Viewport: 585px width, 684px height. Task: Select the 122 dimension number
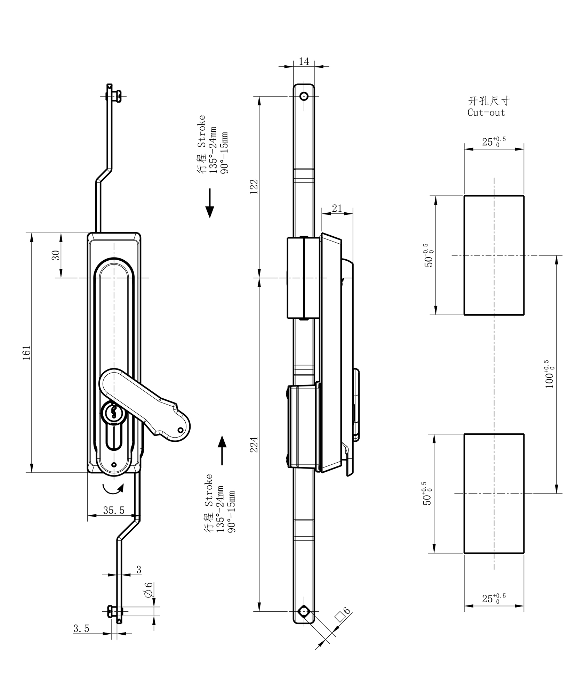pos(254,187)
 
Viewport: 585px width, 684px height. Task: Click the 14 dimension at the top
pos(304,62)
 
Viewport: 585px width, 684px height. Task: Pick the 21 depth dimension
pos(337,208)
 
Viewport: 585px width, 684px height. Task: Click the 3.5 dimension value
pos(81,629)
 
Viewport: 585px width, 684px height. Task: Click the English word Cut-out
pos(486,113)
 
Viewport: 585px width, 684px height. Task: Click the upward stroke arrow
pos(222,450)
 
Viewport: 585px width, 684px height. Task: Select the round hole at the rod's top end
pos(304,96)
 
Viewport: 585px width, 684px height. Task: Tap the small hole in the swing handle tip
pos(180,431)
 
